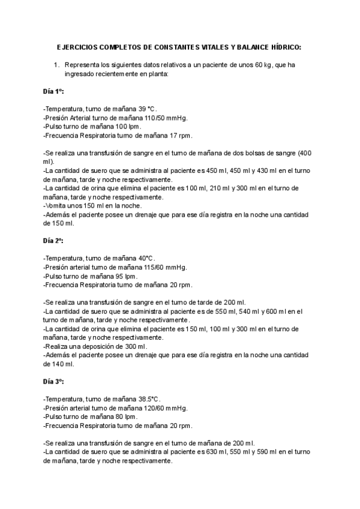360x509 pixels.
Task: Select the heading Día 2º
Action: pyautogui.click(x=53, y=240)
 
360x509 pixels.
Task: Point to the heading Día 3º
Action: pyautogui.click(x=53, y=381)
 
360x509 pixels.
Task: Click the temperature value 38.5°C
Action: pyautogui.click(x=149, y=399)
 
